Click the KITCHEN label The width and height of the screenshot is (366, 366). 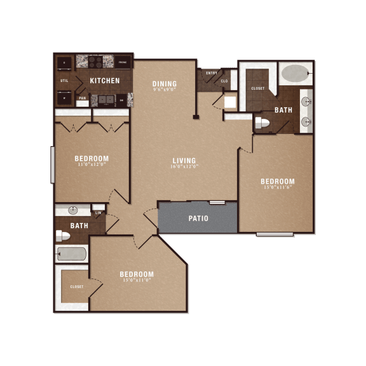pos(105,81)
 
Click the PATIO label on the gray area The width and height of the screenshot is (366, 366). pos(198,219)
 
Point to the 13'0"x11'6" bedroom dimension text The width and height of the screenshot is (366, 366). pos(278,187)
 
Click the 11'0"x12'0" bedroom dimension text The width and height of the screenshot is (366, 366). pos(91,165)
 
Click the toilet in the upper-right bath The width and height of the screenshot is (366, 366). pos(262,122)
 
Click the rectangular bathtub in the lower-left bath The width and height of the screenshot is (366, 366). pos(71,254)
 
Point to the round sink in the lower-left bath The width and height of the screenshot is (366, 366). pos(72,210)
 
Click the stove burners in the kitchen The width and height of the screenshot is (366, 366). pos(95,62)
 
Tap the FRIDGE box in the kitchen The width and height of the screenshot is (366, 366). pos(123,62)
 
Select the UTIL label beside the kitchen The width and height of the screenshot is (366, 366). pos(64,81)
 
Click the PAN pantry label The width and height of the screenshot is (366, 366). pos(82,98)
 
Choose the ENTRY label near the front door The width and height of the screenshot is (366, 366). pos(212,73)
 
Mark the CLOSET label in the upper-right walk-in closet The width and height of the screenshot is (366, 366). pos(257,88)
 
